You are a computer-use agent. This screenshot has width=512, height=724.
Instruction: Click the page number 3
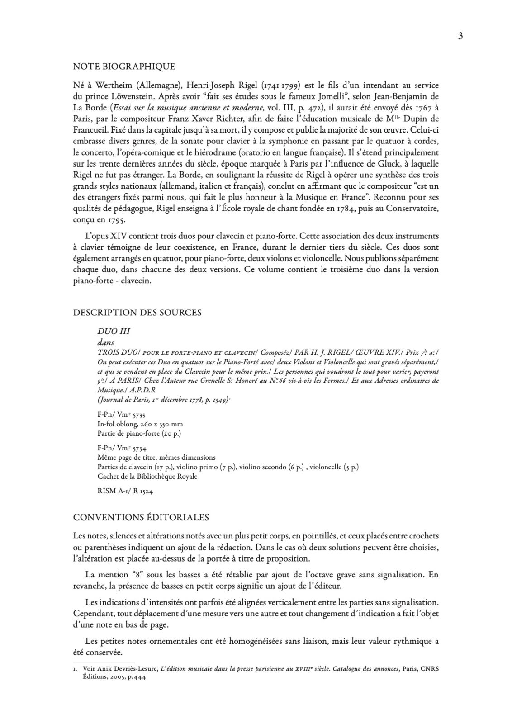pos(460,37)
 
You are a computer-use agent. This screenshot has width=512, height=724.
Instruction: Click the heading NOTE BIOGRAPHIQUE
pos(124,67)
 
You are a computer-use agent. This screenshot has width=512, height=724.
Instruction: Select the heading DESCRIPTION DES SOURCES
pos(137,312)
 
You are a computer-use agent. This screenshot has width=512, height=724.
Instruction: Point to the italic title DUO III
pos(114,331)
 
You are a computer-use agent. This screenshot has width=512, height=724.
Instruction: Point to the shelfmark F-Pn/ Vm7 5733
pos(121,414)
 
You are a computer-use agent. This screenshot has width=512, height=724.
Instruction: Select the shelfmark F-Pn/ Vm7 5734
pos(121,448)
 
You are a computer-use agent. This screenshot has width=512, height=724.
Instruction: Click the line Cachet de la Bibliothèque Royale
pos(147,476)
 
